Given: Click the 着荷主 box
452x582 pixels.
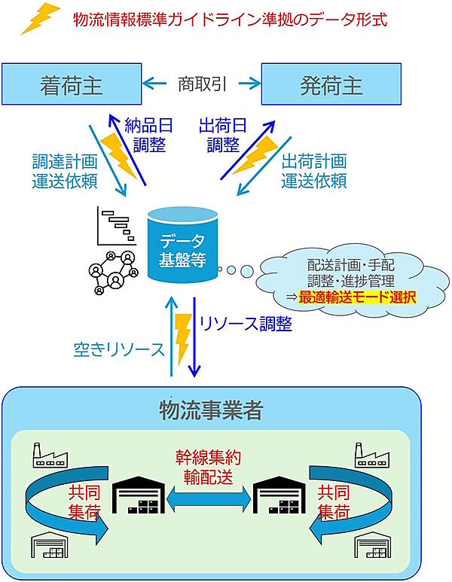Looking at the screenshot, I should [x=72, y=84].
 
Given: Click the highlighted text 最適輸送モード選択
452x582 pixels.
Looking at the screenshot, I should [x=356, y=297].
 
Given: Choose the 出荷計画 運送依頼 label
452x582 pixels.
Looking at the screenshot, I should [x=313, y=171].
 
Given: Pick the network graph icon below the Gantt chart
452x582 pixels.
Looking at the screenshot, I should [x=112, y=272].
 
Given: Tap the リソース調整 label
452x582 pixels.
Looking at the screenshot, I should [x=244, y=324].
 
